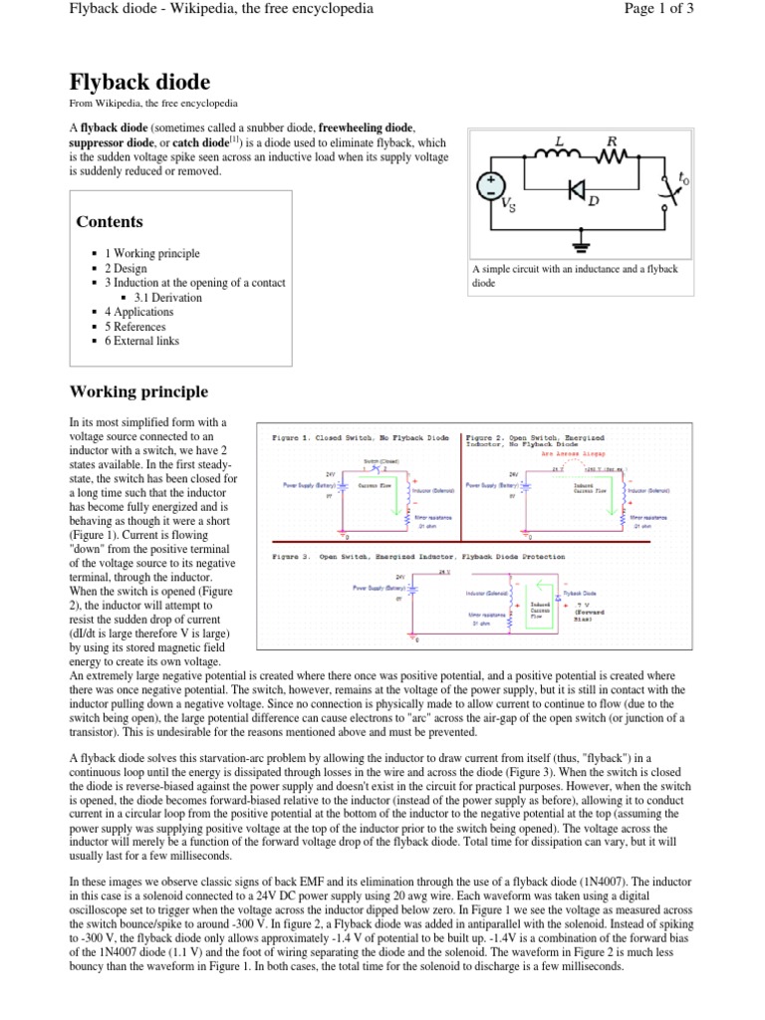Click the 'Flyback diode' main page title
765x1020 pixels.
coord(138,82)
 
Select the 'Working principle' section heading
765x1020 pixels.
coord(138,391)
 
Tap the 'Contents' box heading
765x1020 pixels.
coord(109,221)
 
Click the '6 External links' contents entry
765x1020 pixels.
coord(148,341)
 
